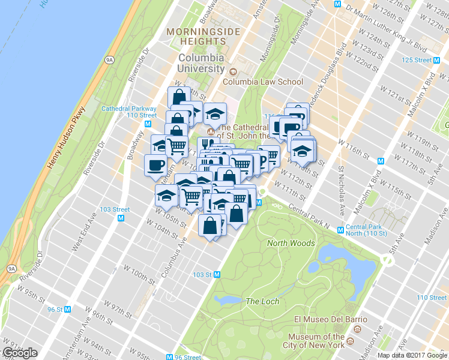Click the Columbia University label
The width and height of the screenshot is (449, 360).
(x=201, y=63)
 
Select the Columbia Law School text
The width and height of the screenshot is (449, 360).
(x=263, y=82)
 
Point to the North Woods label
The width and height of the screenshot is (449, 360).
(x=291, y=243)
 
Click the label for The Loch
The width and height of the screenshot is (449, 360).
(x=262, y=301)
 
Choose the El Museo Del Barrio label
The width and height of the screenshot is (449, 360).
(x=322, y=319)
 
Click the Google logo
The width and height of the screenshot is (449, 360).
(x=20, y=353)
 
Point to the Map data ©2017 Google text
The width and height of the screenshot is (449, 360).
(x=412, y=355)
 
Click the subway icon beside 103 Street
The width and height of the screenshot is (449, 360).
(x=121, y=218)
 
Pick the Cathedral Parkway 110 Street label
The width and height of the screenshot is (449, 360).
(x=128, y=112)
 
